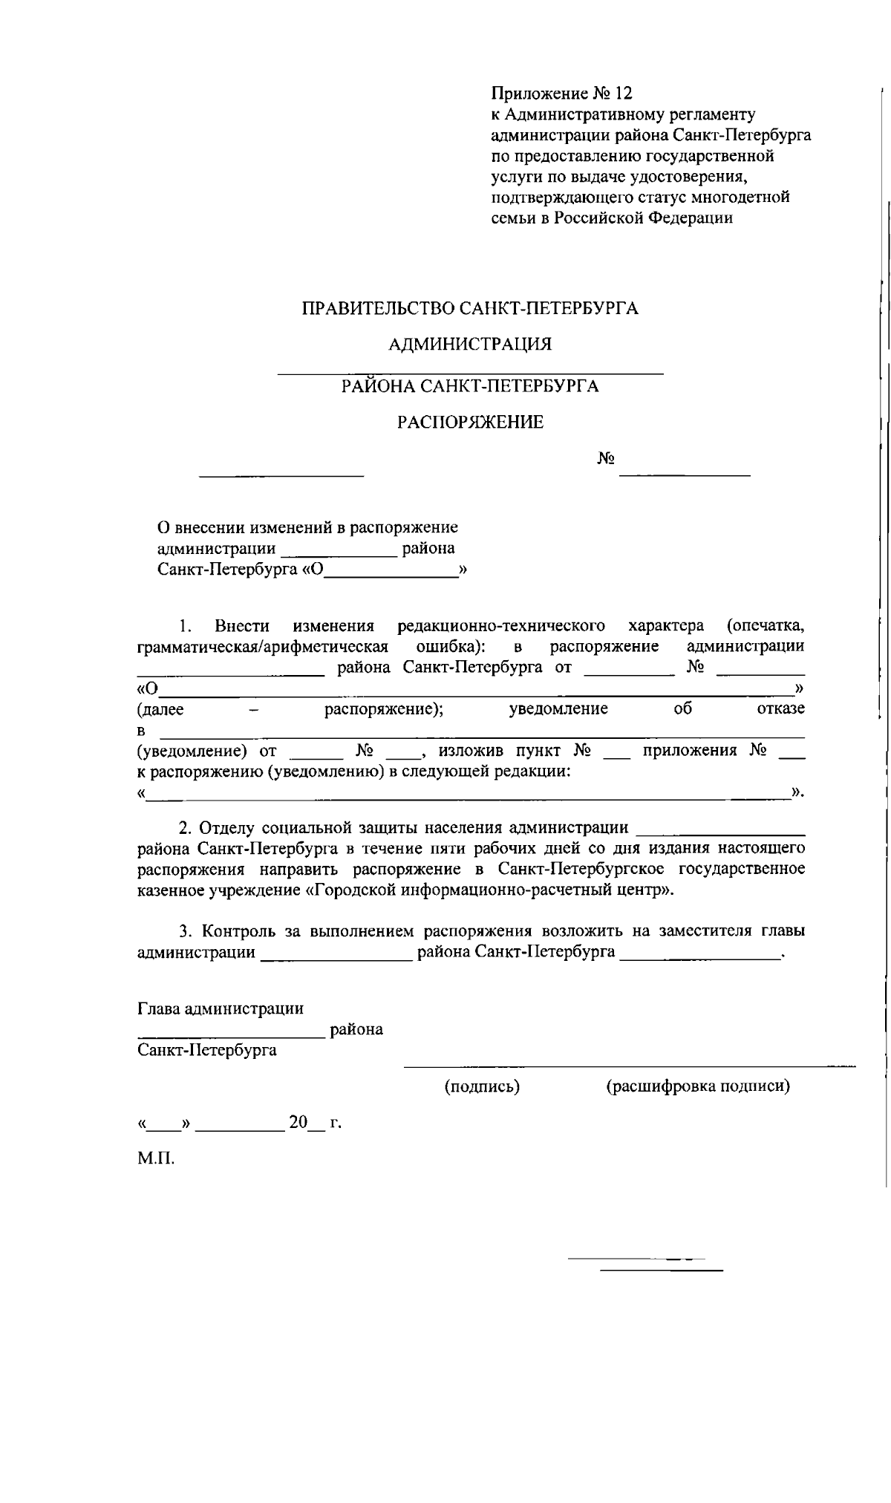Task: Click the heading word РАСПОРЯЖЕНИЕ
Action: pyautogui.click(x=470, y=423)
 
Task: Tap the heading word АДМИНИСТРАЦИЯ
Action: pyautogui.click(x=470, y=344)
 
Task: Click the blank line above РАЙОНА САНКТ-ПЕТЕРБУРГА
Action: pyautogui.click(x=470, y=372)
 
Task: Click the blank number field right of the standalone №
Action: pyautogui.click(x=684, y=472)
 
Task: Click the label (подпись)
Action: pyautogui.click(x=482, y=1086)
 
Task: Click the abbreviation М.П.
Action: pyautogui.click(x=156, y=1159)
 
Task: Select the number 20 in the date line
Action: pyautogui.click(x=298, y=1122)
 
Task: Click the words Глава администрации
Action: pyautogui.click(x=221, y=1008)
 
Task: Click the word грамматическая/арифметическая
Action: pyautogui.click(x=263, y=646)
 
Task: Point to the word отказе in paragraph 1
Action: pyautogui.click(x=780, y=708)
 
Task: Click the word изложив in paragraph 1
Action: pyautogui.click(x=463, y=750)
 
